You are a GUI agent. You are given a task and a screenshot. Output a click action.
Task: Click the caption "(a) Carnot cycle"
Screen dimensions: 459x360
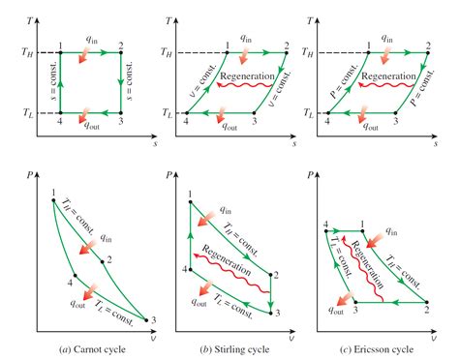[93, 349]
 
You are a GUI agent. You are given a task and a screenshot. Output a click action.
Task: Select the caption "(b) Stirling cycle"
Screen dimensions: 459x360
[234, 349]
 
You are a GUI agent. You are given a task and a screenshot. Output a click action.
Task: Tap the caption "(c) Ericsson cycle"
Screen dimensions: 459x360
[377, 349]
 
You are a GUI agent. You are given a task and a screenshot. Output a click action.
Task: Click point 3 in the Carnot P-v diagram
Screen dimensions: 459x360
[146, 320]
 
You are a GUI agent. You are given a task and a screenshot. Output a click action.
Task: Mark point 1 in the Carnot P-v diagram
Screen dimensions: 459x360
[53, 200]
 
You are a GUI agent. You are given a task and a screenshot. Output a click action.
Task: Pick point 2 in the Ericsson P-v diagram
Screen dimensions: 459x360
[427, 302]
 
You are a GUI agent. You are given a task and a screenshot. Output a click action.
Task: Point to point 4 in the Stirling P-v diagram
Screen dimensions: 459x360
[191, 270]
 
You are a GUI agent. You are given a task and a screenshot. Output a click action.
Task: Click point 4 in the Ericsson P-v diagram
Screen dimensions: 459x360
[326, 231]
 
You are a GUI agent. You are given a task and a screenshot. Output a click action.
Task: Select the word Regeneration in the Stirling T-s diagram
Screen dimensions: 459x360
[247, 76]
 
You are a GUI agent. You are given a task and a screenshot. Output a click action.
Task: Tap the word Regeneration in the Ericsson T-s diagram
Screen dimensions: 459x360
[388, 76]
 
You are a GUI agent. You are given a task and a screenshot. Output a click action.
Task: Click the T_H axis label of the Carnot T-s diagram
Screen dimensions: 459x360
[27, 52]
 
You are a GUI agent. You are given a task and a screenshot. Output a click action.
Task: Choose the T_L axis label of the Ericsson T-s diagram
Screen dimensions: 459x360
[308, 113]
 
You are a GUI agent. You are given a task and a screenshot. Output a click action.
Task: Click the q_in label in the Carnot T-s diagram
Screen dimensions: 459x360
[91, 39]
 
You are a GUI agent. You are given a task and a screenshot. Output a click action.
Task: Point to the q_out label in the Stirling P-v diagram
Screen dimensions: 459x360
[199, 302]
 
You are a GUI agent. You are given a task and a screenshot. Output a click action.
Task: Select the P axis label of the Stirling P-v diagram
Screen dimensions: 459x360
[168, 175]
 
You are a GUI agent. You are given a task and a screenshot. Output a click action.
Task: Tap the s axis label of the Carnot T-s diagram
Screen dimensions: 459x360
[155, 143]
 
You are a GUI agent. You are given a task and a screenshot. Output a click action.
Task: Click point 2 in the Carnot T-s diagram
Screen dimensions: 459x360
[121, 52]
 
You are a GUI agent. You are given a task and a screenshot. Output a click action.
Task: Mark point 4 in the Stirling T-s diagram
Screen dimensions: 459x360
[187, 113]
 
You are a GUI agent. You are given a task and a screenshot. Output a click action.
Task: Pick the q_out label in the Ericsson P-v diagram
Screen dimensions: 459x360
[336, 310]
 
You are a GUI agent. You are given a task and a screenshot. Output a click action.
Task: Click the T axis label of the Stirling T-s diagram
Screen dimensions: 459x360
[168, 21]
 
